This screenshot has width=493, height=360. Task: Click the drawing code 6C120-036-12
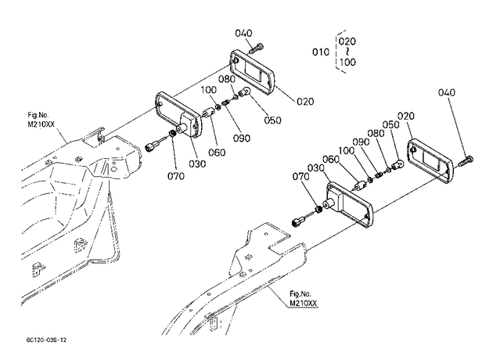pos(46,340)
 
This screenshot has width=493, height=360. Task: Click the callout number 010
pos(320,52)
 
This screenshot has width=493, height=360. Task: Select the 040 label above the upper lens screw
pos(243,33)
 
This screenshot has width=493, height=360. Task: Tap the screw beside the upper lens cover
pos(256,49)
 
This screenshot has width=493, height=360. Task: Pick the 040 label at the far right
pos(447,92)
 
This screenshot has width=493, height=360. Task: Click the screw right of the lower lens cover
pos(466,161)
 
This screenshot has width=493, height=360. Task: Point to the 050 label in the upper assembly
pos(272,120)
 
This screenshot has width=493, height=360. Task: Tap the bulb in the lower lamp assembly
pos(398,164)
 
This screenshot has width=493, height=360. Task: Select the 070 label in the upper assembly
pos(176,176)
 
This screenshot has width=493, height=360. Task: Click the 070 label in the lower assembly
pos(301,176)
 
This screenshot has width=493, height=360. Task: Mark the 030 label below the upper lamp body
pos(197,164)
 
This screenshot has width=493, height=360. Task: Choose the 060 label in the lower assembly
pos(331,160)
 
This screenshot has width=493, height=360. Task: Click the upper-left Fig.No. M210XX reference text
pos(41,120)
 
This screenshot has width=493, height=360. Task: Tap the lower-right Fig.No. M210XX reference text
pos(303,298)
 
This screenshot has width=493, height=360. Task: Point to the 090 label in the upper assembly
pos(242,138)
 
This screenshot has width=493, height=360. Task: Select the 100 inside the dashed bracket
pos(347,62)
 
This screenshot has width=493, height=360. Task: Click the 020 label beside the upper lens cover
pos(305,102)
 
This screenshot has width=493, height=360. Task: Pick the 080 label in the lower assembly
pos(376,133)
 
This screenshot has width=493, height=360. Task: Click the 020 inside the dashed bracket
pos(347,41)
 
